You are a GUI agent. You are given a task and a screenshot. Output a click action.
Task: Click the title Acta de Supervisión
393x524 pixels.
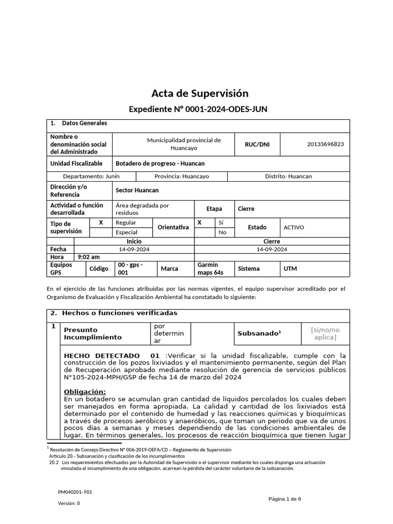click(200, 93)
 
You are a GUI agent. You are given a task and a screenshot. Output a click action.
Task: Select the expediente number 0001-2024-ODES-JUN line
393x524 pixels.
click(198, 110)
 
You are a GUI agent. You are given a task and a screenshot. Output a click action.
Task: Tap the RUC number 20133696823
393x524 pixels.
click(325, 144)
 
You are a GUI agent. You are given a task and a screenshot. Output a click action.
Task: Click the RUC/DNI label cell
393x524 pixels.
click(257, 144)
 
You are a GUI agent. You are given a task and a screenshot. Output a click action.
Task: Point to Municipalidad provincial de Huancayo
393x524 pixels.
click(184, 144)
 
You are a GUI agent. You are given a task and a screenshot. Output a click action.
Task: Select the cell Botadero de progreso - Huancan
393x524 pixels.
click(160, 164)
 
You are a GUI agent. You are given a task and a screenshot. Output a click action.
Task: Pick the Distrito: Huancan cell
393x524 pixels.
click(288, 176)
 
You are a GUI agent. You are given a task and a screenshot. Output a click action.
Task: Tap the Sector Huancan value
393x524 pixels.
click(137, 190)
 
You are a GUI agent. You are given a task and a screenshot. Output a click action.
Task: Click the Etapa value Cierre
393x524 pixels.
click(246, 209)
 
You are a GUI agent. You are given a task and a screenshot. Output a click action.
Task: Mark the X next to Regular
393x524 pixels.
click(101, 223)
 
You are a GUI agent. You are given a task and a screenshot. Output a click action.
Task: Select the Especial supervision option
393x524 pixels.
click(126, 232)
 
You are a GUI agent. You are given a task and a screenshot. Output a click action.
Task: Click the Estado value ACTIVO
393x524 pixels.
click(294, 227)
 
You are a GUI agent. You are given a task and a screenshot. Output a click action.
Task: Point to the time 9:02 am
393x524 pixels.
click(89, 257)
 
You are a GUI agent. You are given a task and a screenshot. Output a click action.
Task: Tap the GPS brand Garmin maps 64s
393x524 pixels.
click(210, 269)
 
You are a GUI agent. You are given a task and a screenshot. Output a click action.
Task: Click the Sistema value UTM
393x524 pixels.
click(290, 269)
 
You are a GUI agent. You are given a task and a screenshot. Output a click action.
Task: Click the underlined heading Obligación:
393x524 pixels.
click(84, 391)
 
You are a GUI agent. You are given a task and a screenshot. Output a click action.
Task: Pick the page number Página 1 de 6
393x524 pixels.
click(285, 499)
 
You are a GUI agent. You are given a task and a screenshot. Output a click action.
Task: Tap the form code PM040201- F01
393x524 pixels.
click(75, 492)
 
